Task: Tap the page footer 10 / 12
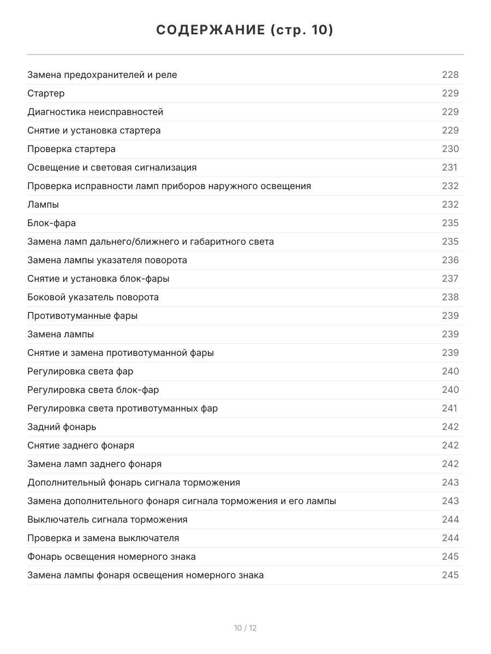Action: tap(245, 628)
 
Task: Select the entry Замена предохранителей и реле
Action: tap(102, 75)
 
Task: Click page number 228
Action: tap(450, 75)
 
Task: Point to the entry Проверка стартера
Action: tap(71, 149)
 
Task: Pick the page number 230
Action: tap(450, 149)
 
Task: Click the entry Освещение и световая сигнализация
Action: tap(112, 167)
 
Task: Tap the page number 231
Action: tap(450, 167)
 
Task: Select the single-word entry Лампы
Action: tap(43, 204)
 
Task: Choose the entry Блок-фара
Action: tap(51, 223)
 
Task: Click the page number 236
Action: tap(450, 260)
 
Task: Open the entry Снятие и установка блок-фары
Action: tap(98, 278)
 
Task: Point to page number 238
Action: tap(450, 297)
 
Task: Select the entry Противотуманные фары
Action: tap(82, 316)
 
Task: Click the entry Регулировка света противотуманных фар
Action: tap(122, 408)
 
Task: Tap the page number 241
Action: tap(450, 408)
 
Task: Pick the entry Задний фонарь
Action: tap(62, 427)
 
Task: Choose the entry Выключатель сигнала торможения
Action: tap(107, 519)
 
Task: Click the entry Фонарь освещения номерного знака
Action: tap(111, 556)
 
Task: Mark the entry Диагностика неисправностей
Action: tap(95, 112)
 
